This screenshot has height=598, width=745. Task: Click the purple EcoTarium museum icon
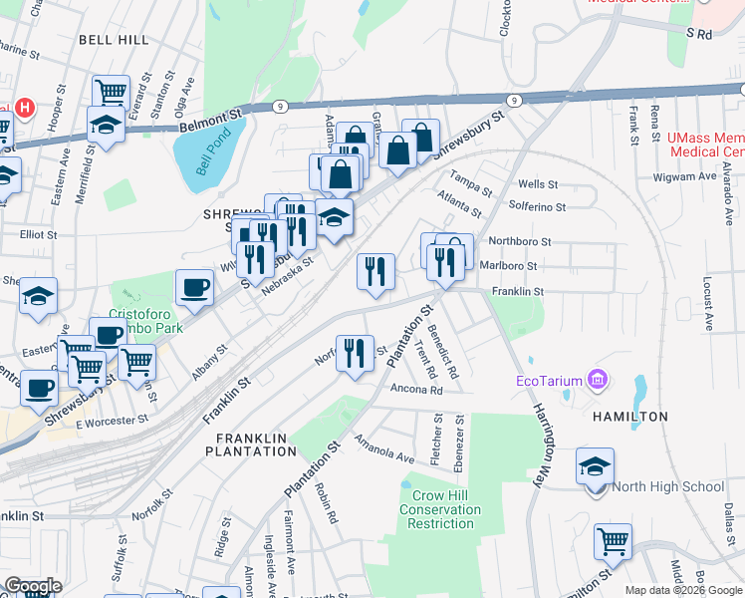598,379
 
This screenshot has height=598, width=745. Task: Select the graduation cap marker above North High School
596,466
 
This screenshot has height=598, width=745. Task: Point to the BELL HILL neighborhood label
115,40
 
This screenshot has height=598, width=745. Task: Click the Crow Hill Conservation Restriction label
441,509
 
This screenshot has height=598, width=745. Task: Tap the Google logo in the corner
32,586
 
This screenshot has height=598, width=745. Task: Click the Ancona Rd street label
416,390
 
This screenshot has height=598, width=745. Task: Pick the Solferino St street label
537,207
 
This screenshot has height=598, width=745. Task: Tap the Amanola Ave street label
383,450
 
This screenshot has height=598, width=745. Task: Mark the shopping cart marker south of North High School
613,542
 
